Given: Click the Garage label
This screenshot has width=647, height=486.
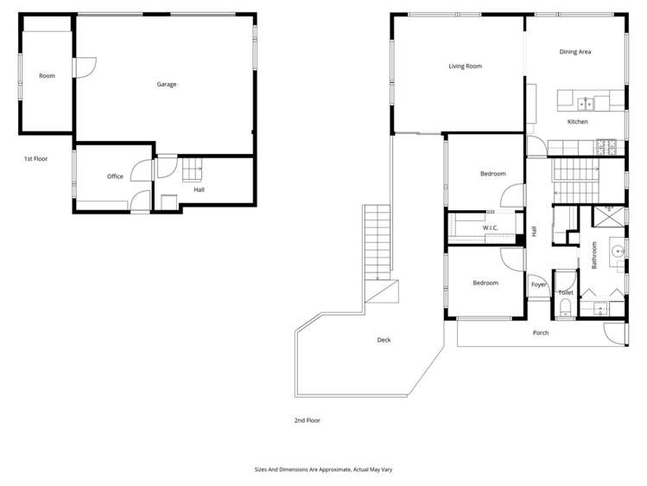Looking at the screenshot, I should point(167,84).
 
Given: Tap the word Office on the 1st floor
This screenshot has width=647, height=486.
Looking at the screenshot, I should point(115,176).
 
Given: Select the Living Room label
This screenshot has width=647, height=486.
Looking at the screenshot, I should point(465,66).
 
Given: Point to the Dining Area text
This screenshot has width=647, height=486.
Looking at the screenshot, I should point(574,52).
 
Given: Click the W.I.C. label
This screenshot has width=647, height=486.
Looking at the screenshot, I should point(491,227).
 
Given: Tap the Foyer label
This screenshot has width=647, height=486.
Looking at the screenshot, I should point(538,285).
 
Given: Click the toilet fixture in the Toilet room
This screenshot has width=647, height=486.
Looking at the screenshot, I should point(565,309).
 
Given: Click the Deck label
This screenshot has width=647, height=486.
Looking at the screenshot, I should point(384,340).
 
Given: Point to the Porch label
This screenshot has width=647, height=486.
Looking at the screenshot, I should point(540,332).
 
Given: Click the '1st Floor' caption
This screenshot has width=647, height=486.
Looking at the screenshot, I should point(35,159).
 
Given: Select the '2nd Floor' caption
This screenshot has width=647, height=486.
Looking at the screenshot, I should point(307,420).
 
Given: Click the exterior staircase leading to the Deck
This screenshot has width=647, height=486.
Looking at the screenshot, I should point(377,241).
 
